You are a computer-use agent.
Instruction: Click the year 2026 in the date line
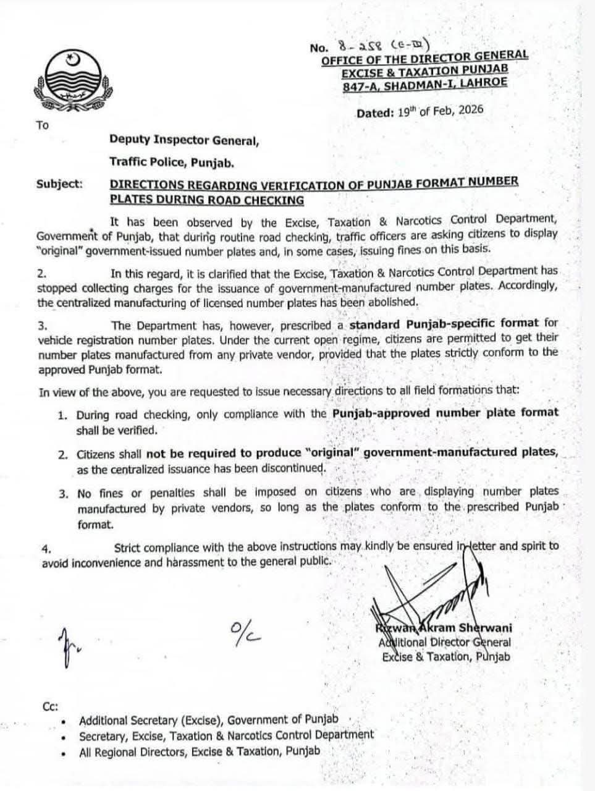point(469,111)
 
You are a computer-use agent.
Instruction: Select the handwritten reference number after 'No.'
point(383,46)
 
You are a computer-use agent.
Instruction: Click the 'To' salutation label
point(42,125)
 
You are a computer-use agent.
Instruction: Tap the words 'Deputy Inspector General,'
point(184,140)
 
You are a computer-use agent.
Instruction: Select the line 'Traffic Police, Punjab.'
point(172,163)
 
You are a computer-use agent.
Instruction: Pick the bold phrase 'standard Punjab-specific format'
point(444,324)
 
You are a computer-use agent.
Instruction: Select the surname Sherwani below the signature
point(486,628)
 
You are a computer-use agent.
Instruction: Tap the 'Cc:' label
point(51,707)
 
